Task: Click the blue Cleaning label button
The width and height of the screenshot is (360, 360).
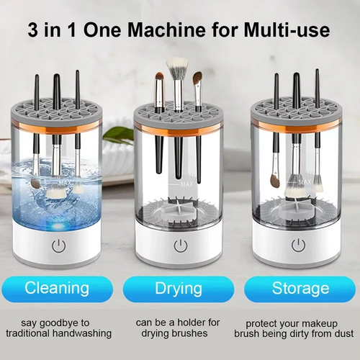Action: coord(58,289)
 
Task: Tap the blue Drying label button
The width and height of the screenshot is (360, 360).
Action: coord(178,289)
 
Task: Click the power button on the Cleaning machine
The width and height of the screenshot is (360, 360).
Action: coord(59,246)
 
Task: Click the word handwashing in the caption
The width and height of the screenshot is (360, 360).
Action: coord(79,334)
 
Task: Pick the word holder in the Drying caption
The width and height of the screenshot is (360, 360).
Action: coord(202,323)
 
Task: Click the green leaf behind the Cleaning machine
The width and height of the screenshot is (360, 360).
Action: coord(119,134)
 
